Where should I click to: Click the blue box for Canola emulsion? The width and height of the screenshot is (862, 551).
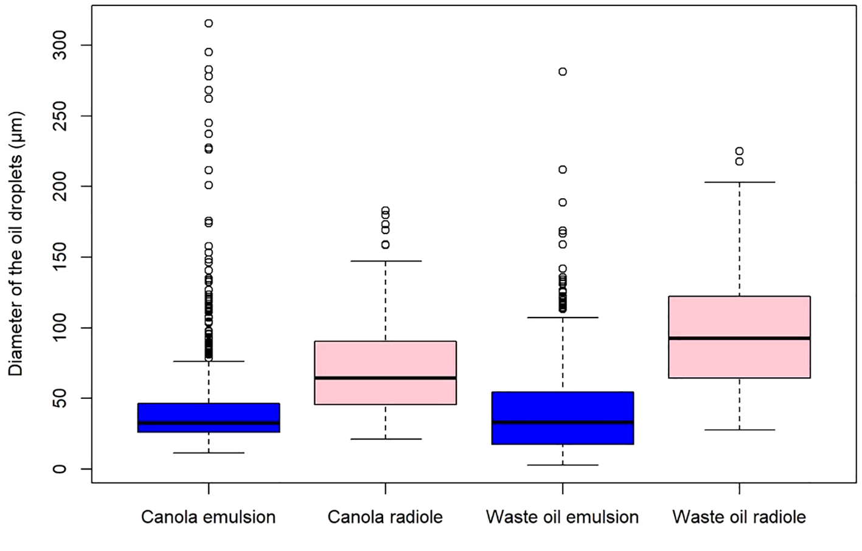coord(209,417)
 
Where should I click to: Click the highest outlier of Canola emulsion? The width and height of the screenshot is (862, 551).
coord(209,24)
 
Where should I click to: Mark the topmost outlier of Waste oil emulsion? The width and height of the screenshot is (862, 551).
coord(563,72)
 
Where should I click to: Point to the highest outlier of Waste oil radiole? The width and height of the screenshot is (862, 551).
coord(739,151)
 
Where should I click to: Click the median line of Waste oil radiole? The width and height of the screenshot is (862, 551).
coord(739,338)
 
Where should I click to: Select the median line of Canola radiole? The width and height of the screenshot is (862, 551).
coord(385,378)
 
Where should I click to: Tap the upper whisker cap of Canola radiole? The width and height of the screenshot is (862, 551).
coord(385,261)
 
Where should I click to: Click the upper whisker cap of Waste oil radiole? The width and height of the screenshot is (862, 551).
coord(739,182)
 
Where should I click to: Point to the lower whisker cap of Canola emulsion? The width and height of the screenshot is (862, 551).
coord(209,452)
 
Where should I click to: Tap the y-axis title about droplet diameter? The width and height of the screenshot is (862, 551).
coord(16,243)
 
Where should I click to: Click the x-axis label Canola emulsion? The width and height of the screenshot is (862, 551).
coord(208,517)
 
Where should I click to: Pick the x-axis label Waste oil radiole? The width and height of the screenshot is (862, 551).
coord(739,517)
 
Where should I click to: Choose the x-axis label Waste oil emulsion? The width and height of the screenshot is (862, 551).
coord(562,517)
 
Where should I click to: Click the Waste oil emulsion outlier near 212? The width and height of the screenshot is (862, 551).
coord(563,170)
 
